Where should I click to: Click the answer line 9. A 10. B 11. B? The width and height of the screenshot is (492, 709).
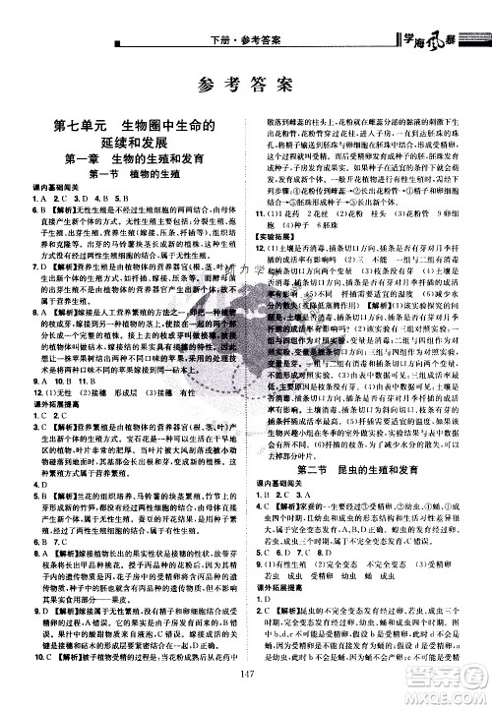pyautogui.click(x=69, y=382)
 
